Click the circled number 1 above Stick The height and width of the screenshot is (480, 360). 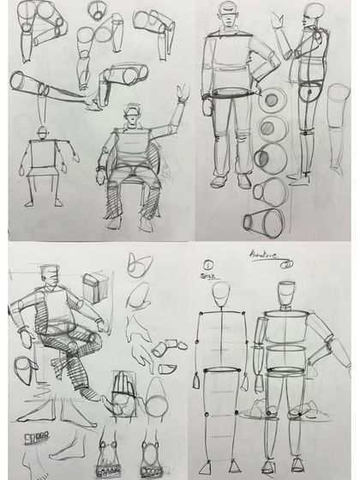[x=208, y=263]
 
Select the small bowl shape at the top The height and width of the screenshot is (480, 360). [x=99, y=12]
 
